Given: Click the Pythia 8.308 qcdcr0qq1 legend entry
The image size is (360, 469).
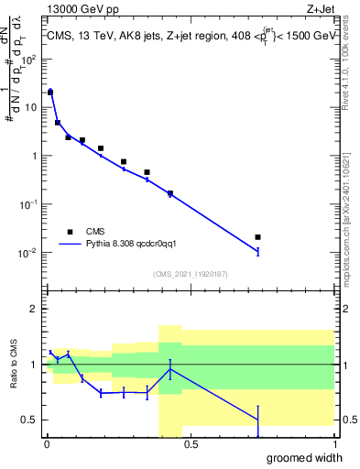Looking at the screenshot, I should coord(119,245).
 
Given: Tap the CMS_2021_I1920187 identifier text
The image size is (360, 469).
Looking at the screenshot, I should coord(191,274).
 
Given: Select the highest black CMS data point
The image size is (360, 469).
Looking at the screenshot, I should coord(50,93).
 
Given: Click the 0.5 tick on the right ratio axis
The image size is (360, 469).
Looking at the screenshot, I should coord(345,420).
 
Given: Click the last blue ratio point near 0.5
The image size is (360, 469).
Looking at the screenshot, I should coord(257,420).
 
